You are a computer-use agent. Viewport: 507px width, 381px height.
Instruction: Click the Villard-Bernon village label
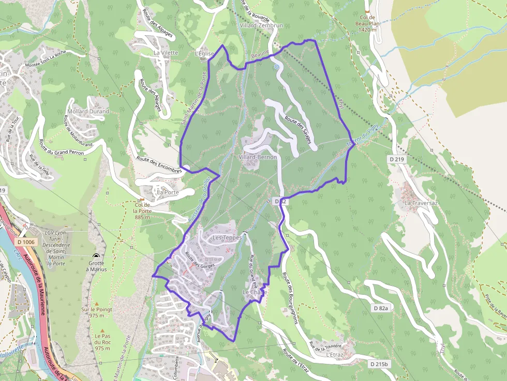258,157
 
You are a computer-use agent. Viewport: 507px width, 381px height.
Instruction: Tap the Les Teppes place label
227,237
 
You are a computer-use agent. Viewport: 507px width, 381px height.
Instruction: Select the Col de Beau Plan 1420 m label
367,26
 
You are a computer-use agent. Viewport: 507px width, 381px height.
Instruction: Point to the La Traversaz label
421,203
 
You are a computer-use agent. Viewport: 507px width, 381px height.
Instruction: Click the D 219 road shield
396,159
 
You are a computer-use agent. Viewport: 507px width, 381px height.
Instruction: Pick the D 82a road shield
381,308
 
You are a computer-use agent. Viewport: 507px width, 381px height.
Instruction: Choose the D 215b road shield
379,364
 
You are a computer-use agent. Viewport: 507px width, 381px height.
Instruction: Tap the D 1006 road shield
25,242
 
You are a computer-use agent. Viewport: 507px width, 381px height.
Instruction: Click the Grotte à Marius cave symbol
96,256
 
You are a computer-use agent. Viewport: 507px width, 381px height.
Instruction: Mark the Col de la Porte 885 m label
142,210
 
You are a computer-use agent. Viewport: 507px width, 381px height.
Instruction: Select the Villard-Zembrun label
262,25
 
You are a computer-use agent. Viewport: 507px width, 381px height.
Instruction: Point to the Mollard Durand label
88,112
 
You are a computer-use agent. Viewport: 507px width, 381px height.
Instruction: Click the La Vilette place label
166,53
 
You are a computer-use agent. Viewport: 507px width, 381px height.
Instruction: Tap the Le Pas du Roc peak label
102,342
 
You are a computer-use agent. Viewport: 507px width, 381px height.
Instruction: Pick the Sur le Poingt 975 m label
96,312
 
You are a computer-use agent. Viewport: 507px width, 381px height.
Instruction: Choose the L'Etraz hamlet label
335,355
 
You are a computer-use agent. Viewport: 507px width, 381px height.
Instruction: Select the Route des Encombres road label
159,164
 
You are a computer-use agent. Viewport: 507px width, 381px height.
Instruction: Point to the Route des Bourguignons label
291,298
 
